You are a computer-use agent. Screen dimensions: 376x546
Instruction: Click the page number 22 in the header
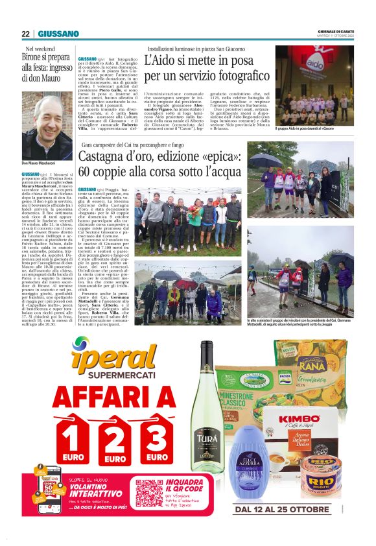[25, 34]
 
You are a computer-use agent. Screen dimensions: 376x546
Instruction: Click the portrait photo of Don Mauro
[47, 128]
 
